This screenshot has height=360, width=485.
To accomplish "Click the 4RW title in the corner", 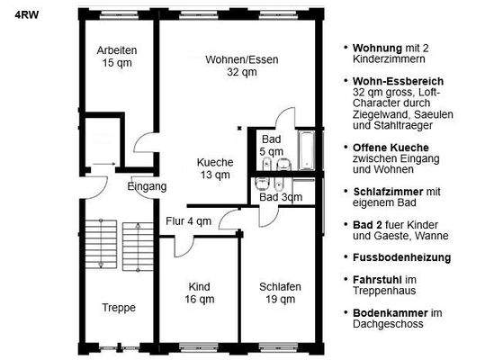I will click(26, 13).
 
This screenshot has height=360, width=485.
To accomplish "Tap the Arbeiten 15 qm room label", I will click(117, 57).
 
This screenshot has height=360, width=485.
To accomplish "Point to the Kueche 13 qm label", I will click(216, 168).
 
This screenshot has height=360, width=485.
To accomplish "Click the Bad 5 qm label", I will click(272, 146).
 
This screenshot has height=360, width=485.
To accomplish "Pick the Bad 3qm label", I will click(281, 196).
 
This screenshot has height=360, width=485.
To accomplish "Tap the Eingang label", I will click(148, 187).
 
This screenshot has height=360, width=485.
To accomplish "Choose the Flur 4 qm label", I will click(188, 220).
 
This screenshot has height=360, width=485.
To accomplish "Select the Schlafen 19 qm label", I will click(280, 292).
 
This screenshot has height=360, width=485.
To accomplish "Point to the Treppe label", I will click(119, 308).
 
